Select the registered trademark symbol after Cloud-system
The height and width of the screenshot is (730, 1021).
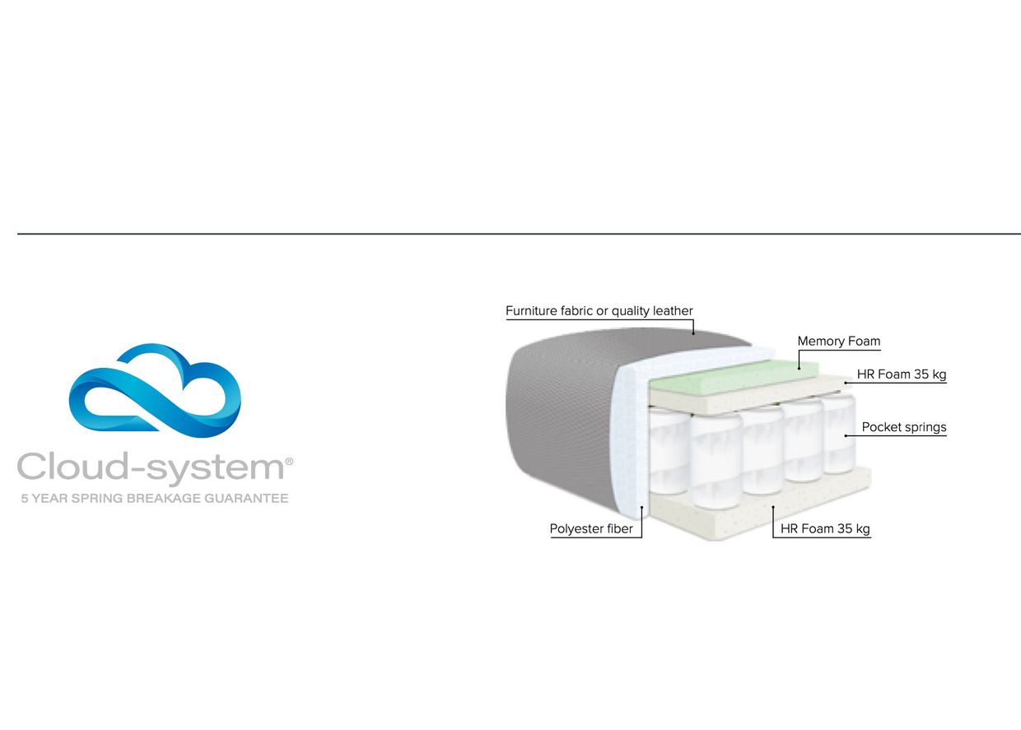click(289, 462)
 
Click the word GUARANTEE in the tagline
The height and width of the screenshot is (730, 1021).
click(246, 499)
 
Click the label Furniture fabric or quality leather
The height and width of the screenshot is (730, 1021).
click(599, 311)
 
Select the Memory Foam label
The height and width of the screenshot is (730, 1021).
click(839, 342)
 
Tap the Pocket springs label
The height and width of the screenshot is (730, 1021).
click(904, 427)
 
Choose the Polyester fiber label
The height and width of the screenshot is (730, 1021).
click(591, 528)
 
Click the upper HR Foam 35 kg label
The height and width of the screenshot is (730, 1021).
click(902, 374)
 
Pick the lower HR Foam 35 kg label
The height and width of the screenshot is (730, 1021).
click(825, 528)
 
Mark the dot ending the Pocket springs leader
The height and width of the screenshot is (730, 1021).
click(846, 435)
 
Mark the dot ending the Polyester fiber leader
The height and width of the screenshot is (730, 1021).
click(641, 507)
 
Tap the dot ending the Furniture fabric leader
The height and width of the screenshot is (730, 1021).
click(693, 334)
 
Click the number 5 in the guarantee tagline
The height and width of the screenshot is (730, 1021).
click(25, 499)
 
